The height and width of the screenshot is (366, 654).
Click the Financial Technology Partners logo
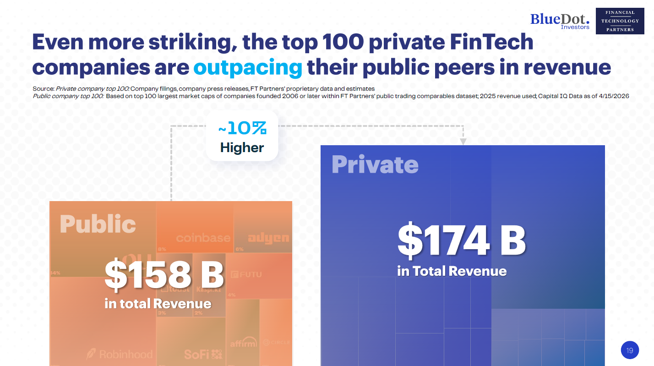(x=620, y=21)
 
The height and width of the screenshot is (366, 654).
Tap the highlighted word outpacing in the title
(x=248, y=67)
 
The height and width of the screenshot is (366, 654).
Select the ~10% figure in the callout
(x=242, y=129)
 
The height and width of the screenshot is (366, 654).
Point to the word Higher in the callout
(x=242, y=147)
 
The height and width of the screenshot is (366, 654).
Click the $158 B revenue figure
(x=164, y=275)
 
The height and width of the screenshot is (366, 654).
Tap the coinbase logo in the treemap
(x=203, y=238)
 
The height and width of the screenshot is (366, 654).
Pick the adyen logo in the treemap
(x=268, y=238)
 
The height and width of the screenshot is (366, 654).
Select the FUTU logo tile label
(x=246, y=275)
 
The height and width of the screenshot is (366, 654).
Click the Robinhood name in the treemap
(x=120, y=354)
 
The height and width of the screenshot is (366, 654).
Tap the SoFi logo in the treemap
(x=203, y=354)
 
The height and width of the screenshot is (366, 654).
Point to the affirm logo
(x=243, y=343)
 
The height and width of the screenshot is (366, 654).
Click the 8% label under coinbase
(x=162, y=249)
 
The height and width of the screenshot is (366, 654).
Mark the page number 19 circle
(x=630, y=350)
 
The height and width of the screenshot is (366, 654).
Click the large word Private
(x=375, y=164)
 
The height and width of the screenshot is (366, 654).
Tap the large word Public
(x=98, y=224)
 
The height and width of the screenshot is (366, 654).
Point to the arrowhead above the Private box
(x=463, y=142)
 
